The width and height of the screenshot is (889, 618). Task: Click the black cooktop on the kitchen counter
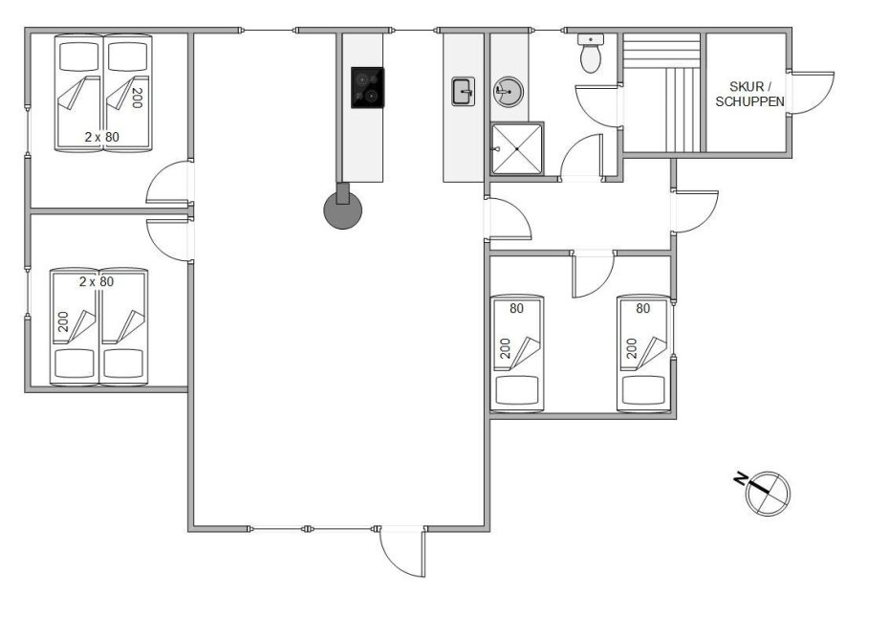click(367, 87)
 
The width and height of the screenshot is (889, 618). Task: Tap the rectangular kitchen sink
click(464, 92)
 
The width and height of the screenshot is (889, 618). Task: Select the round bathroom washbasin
click(508, 92)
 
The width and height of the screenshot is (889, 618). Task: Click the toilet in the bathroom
click(591, 54)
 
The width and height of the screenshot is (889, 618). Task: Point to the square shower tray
click(517, 148)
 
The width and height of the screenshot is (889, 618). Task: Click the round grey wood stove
click(342, 210)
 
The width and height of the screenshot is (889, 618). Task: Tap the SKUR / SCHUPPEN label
click(749, 94)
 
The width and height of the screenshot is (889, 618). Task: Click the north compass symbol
click(768, 493)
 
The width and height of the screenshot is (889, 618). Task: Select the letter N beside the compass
click(739, 478)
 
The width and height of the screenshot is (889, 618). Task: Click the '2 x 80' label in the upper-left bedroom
click(102, 137)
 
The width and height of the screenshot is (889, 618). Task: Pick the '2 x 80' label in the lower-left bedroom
click(97, 281)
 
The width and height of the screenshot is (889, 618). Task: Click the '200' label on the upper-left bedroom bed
click(137, 98)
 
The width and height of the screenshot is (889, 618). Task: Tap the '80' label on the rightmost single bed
click(643, 309)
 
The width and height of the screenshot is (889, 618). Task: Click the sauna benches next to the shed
click(661, 93)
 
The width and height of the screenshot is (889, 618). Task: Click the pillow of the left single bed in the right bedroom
click(516, 390)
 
